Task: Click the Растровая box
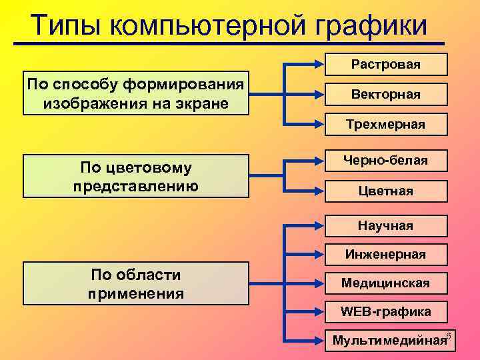tap(386, 64)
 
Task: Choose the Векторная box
tap(386, 95)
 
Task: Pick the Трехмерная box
tap(386, 125)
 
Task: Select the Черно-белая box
tap(386, 161)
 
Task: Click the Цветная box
tap(386, 191)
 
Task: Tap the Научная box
tap(386, 226)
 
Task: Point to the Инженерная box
tap(386, 254)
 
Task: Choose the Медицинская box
tap(386, 283)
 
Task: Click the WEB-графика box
tap(386, 311)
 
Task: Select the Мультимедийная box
tap(386, 341)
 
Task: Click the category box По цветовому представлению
tap(136, 177)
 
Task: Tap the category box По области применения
tap(136, 283)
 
